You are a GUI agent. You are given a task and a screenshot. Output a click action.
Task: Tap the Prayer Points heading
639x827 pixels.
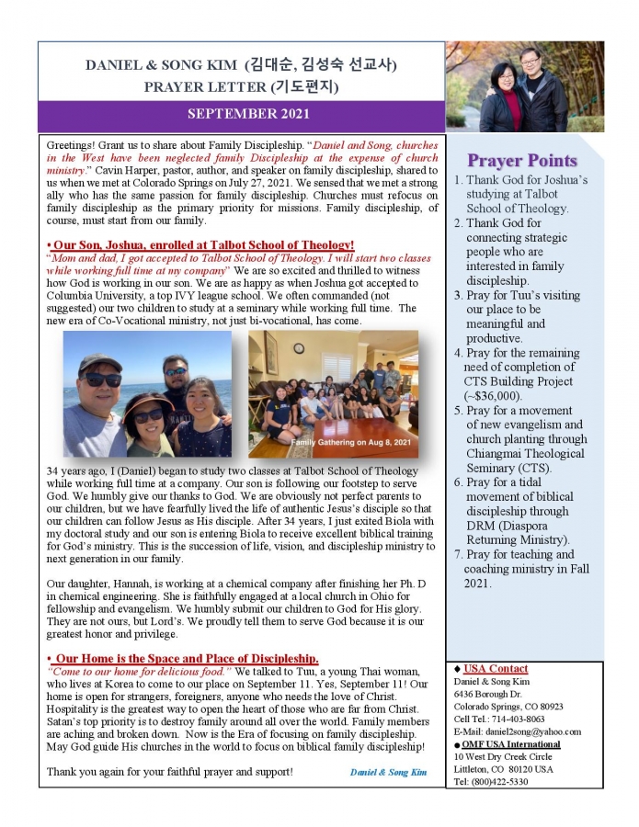[521, 161]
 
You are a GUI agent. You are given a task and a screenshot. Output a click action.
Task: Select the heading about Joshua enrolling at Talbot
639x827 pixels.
[200, 244]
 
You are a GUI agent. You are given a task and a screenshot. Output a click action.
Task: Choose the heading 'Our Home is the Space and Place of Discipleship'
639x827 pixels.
[184, 658]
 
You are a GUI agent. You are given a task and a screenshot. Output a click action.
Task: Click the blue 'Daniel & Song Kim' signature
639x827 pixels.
[389, 772]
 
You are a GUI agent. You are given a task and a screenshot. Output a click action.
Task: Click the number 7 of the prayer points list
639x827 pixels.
[458, 554]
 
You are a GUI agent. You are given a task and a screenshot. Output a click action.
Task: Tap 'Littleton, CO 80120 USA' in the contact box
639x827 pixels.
[504, 769]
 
